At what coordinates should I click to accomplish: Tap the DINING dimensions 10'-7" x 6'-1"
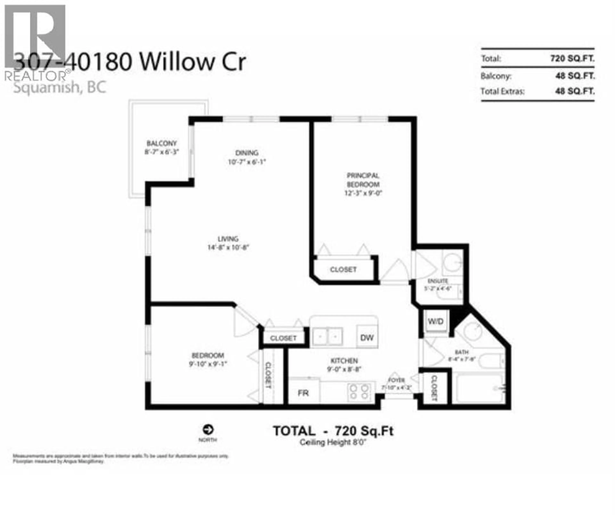click(247, 162)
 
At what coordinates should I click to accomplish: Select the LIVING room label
click(228, 239)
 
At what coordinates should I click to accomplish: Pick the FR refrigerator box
click(303, 393)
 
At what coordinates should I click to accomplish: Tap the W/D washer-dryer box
click(435, 321)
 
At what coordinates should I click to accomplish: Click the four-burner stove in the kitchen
click(359, 392)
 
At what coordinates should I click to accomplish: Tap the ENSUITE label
click(438, 281)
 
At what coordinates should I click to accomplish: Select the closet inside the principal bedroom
click(343, 269)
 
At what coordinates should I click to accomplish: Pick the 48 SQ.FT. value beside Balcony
click(575, 76)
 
